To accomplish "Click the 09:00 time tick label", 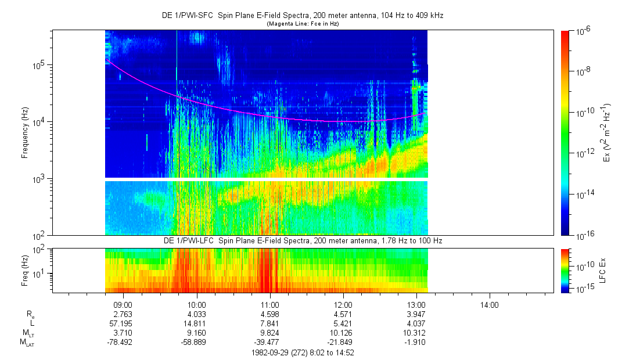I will point(123,304).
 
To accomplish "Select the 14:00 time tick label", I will point(489,304).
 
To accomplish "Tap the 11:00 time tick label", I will point(269,304).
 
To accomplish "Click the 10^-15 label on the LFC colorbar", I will point(584,289).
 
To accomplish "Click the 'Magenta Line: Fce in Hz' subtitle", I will point(303,24).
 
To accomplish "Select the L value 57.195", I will point(122,323).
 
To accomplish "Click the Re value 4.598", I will point(269,314).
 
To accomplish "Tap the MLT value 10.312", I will point(416,333).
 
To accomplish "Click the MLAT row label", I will point(27,342).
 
